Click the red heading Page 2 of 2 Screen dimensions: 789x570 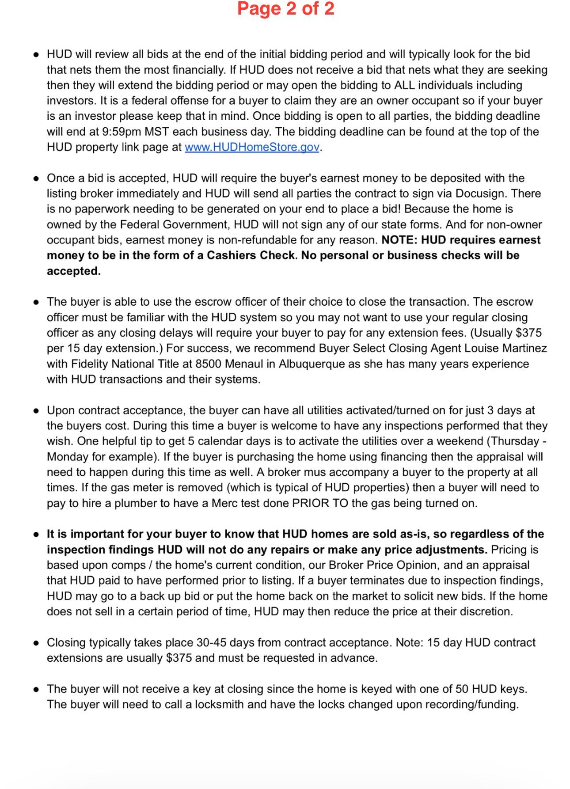coord(285,9)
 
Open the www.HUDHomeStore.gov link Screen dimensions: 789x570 coord(252,147)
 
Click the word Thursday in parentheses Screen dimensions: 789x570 coord(514,441)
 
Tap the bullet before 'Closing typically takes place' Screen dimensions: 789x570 coord(37,643)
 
